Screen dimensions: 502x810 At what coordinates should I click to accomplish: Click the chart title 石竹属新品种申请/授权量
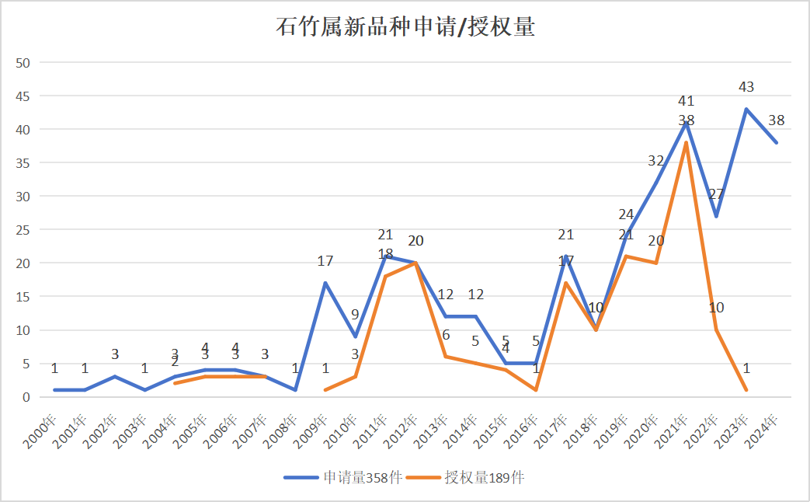coord(405,27)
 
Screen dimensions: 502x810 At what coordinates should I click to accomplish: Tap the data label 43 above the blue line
coord(746,87)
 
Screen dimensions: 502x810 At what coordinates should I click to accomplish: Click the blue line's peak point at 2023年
coord(746,109)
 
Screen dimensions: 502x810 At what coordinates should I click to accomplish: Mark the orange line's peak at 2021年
coord(686,142)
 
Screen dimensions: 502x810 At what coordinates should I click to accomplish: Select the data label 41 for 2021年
coord(686,101)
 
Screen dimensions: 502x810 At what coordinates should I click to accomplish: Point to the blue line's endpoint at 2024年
coord(776,142)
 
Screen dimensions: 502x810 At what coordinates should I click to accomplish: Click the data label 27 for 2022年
coord(716,194)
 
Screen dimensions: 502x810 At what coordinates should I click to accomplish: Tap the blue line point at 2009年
coord(325,283)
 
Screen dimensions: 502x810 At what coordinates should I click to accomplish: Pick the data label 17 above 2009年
coord(325,261)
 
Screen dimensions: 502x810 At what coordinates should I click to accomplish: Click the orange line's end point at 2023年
coord(746,390)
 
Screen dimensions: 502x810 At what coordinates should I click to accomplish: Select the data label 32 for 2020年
coord(656,161)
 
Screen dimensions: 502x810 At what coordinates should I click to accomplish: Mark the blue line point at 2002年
coord(115,377)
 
